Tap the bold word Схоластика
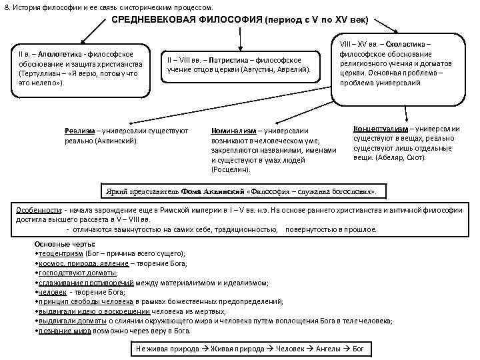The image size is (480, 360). [407, 43]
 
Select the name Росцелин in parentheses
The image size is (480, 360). [233, 170]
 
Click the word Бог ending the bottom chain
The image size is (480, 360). [358, 349]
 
